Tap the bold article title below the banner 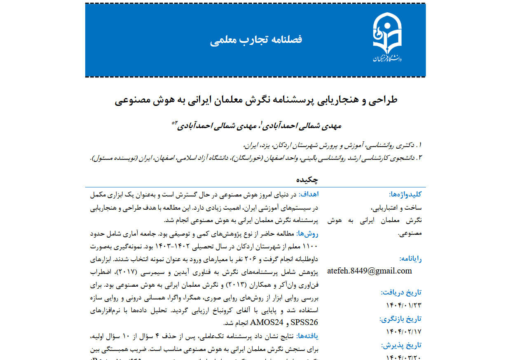tap(256, 100)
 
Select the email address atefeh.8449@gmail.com tap(370, 271)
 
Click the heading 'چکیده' tap(307, 180)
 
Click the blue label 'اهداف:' tap(308, 194)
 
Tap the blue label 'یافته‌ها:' tap(308, 337)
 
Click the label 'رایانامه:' tap(410, 259)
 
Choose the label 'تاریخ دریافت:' tap(402, 293)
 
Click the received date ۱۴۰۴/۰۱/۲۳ tap(404, 305)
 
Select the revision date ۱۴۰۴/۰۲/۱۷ tap(404, 331)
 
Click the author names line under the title tap(258, 125)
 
